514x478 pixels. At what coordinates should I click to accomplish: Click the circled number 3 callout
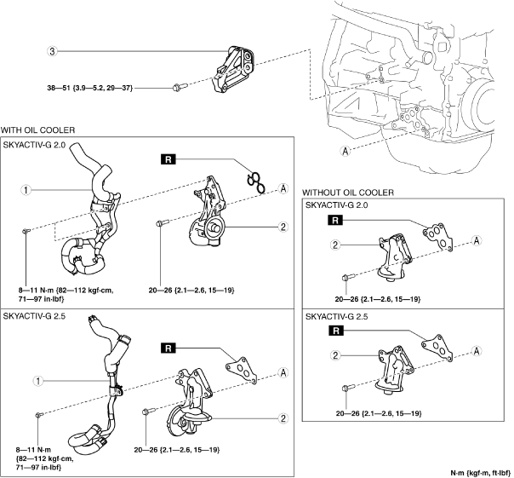(x=53, y=51)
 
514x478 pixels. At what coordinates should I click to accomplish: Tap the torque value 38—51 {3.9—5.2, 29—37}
(x=90, y=88)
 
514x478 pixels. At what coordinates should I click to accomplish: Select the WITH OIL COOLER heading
(x=37, y=130)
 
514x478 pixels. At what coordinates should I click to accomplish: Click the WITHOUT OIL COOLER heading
(x=348, y=193)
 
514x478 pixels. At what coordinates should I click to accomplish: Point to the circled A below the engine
(x=345, y=152)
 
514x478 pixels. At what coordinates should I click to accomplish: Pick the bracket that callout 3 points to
(x=234, y=70)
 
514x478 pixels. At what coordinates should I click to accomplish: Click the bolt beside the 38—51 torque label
(x=179, y=88)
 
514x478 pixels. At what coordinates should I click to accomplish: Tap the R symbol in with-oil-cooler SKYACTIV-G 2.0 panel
(x=168, y=160)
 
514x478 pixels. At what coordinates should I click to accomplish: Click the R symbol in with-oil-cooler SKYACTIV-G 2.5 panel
(x=168, y=348)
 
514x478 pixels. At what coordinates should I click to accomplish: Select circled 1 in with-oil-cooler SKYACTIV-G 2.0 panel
(x=26, y=190)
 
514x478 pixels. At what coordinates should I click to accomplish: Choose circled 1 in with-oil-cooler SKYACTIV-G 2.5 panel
(x=38, y=381)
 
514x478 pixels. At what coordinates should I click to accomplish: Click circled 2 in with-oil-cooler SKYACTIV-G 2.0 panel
(x=283, y=227)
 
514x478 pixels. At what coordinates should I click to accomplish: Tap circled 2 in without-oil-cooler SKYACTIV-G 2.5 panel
(x=335, y=355)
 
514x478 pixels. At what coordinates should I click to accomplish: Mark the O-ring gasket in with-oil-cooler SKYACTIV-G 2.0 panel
(x=256, y=182)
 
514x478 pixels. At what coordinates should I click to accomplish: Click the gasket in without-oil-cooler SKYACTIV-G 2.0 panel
(x=438, y=237)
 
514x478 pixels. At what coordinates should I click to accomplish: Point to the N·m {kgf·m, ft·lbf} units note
(x=480, y=473)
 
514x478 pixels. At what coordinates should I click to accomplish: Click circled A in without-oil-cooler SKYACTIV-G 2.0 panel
(x=477, y=240)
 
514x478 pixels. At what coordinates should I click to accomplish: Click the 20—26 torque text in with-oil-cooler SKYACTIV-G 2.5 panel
(x=177, y=450)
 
